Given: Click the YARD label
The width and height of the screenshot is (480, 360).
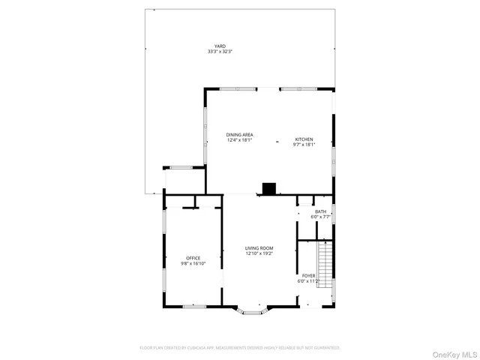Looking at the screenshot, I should pyautogui.click(x=220, y=46).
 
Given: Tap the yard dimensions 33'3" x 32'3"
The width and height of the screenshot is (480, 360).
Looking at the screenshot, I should pyautogui.click(x=220, y=51).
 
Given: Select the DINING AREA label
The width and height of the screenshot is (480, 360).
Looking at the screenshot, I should pyautogui.click(x=240, y=135).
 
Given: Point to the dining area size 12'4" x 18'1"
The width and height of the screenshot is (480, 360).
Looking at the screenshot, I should pyautogui.click(x=240, y=140).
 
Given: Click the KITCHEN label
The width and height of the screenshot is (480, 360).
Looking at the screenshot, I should pyautogui.click(x=304, y=139).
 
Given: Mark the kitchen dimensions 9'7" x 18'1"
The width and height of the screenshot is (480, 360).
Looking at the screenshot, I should pyautogui.click(x=304, y=145).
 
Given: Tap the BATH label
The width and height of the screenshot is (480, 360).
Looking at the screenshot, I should pyautogui.click(x=320, y=211).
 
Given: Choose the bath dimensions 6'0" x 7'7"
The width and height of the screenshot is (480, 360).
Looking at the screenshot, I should pyautogui.click(x=320, y=217).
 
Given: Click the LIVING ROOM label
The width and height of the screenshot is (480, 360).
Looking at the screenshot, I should pyautogui.click(x=259, y=248).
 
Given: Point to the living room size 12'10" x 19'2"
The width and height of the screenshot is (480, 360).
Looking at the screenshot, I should pyautogui.click(x=259, y=253).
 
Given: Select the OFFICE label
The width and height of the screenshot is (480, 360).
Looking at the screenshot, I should pyautogui.click(x=193, y=259).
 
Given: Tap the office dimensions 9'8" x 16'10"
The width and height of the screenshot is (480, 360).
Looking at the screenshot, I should pyautogui.click(x=193, y=264).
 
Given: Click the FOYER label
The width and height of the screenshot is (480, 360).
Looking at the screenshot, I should pyautogui.click(x=308, y=276).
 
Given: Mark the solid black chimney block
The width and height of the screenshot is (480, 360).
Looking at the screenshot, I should pyautogui.click(x=268, y=188).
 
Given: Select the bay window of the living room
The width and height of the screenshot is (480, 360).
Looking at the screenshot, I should pyautogui.click(x=250, y=309).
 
